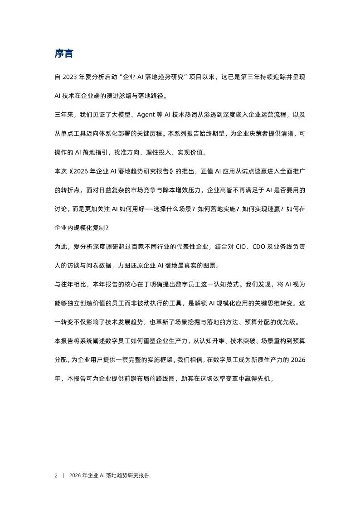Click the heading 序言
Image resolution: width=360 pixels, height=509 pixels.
pyautogui.click(x=64, y=54)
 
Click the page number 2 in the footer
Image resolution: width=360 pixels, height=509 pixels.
pyautogui.click(x=56, y=475)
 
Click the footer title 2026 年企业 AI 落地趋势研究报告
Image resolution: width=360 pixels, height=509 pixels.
pyautogui.click(x=110, y=475)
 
